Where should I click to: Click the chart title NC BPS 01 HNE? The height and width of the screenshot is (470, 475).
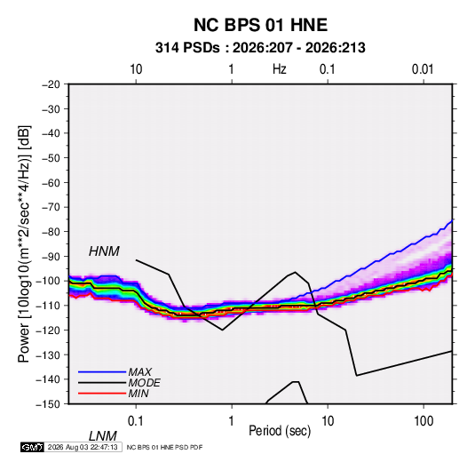point(260,25)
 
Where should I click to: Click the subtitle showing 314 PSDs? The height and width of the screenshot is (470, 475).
point(260,48)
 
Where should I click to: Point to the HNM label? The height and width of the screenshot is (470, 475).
point(104,251)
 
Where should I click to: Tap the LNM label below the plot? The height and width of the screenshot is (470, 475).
point(103,436)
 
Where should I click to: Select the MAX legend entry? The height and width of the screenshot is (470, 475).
point(140,371)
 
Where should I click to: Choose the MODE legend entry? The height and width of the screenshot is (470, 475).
point(144,383)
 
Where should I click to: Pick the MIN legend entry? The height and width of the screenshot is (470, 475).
point(139,394)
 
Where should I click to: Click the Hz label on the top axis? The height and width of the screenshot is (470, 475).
point(280,69)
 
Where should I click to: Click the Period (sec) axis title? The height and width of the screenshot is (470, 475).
point(280,431)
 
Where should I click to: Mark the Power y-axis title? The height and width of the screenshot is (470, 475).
point(24,243)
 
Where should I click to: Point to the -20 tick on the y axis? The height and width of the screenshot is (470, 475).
point(51,84)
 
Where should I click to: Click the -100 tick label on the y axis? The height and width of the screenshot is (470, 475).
point(48,281)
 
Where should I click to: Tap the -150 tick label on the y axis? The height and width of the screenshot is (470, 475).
point(48,404)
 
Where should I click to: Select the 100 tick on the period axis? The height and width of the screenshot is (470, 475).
point(424,420)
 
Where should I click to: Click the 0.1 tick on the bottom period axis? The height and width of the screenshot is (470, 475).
point(135,420)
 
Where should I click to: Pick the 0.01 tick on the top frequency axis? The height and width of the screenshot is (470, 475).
point(423,69)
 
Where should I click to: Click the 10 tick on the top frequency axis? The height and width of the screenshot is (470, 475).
point(136,69)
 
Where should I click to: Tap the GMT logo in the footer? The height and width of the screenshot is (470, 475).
point(33,447)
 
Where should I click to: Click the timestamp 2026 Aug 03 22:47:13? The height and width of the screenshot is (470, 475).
point(83,447)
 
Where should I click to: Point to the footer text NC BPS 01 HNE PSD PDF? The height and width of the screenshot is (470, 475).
point(164,447)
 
